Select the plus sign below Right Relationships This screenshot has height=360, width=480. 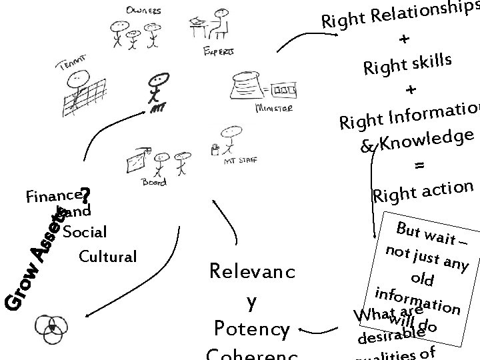point(405,40)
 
